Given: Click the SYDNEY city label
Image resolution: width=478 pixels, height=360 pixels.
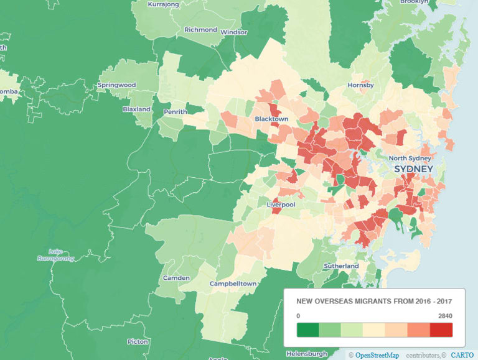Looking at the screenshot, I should (x=413, y=170).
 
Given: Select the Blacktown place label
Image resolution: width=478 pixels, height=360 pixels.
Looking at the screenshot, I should (x=271, y=119).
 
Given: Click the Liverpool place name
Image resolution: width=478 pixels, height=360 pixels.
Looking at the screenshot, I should (x=281, y=204).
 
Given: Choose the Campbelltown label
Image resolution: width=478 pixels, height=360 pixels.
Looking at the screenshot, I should (x=233, y=284).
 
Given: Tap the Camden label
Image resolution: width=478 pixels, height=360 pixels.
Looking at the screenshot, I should (x=176, y=277).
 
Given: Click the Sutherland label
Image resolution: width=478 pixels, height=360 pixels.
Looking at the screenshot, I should (x=341, y=266).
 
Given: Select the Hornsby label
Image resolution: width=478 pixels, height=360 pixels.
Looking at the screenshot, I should (x=360, y=85).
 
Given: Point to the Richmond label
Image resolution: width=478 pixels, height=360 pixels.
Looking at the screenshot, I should (x=200, y=30).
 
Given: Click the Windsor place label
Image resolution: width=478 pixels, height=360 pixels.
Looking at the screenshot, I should (x=233, y=32).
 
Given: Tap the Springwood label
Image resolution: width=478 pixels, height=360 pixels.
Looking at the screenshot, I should (x=116, y=85).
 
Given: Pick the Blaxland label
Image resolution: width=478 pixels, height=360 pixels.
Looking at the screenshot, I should (x=136, y=109).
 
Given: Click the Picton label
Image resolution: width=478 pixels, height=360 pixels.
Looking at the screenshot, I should (x=137, y=341).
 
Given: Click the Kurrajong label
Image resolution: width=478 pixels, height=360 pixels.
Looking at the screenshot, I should (x=163, y=4).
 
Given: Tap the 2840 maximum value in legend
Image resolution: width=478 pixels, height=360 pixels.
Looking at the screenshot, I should (x=444, y=315).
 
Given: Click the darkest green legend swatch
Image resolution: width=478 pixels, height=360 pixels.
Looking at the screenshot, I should (x=307, y=330).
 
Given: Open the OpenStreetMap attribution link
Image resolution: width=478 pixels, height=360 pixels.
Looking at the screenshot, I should (x=377, y=354).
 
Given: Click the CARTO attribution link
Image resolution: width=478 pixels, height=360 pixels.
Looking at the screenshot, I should (x=462, y=354).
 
